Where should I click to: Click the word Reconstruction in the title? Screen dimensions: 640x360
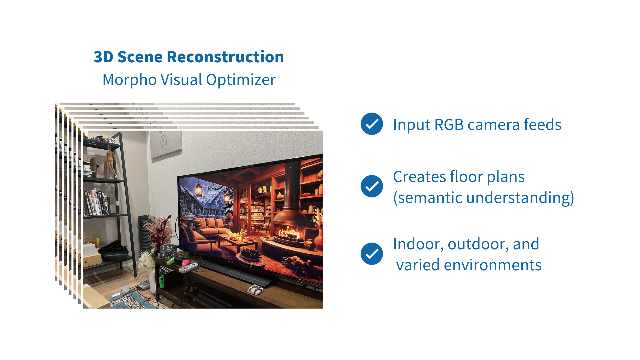click(225, 57)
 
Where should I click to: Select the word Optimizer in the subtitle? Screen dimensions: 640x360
click(241, 80)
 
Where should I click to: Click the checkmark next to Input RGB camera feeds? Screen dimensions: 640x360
click(372, 124)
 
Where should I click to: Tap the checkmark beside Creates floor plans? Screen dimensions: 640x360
click(372, 186)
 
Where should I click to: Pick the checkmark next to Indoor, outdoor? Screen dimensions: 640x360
click(372, 254)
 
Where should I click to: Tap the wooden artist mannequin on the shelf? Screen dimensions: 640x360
click(110, 162)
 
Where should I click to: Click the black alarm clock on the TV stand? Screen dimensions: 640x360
click(168, 252)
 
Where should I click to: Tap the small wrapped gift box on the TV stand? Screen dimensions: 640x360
click(255, 290)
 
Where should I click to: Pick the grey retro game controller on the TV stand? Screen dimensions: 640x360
click(188, 267)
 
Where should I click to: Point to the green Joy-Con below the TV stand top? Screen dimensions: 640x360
click(162, 281)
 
